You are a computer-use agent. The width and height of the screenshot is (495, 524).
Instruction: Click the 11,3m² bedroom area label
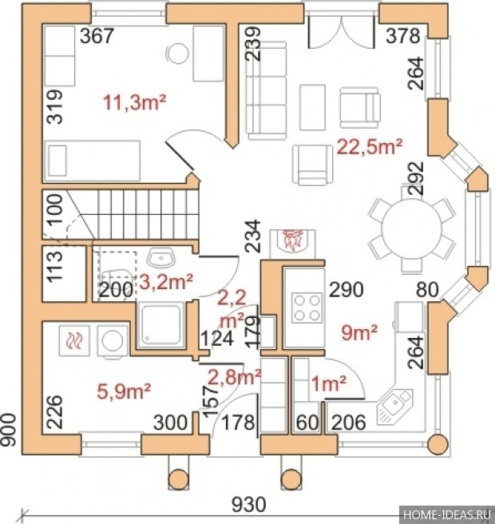coord(135,102)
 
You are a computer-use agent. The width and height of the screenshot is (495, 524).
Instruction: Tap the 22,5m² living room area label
coord(370,146)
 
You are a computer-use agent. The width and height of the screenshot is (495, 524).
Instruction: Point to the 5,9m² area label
coord(124,391)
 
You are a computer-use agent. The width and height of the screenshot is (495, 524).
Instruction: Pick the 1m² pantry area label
coord(329,383)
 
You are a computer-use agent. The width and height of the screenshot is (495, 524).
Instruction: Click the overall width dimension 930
coord(249,504)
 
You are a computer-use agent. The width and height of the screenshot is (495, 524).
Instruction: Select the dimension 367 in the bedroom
coord(97,36)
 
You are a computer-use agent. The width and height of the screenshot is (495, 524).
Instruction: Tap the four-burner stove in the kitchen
coord(307,308)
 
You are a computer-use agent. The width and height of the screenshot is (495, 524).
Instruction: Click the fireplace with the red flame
coord(292,240)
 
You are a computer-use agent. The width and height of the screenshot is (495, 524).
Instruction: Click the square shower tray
coord(161,325)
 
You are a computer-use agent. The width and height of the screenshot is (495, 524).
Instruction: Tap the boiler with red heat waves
coord(74,340)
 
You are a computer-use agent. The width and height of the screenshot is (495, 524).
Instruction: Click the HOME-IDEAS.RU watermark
coord(447,514)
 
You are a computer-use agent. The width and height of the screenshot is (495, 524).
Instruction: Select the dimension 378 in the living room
coord(403,36)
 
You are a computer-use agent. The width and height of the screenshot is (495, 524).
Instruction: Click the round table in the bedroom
coord(178,54)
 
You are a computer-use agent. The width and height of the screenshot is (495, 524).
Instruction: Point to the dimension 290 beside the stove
coord(346,290)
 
